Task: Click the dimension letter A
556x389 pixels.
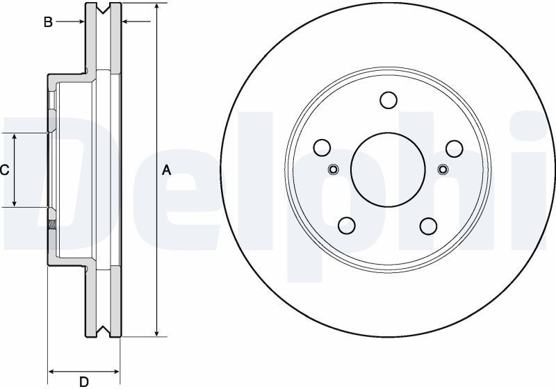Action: [166, 170]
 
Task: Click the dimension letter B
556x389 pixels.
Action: [48, 22]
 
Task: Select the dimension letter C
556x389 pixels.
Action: [4, 170]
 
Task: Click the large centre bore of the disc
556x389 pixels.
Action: [388, 169]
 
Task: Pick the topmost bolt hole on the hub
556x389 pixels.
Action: [389, 100]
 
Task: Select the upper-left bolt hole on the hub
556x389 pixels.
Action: [322, 147]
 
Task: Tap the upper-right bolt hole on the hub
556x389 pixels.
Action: [455, 149]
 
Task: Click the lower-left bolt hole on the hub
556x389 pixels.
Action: [347, 225]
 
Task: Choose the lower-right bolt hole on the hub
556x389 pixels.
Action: [428, 226]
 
